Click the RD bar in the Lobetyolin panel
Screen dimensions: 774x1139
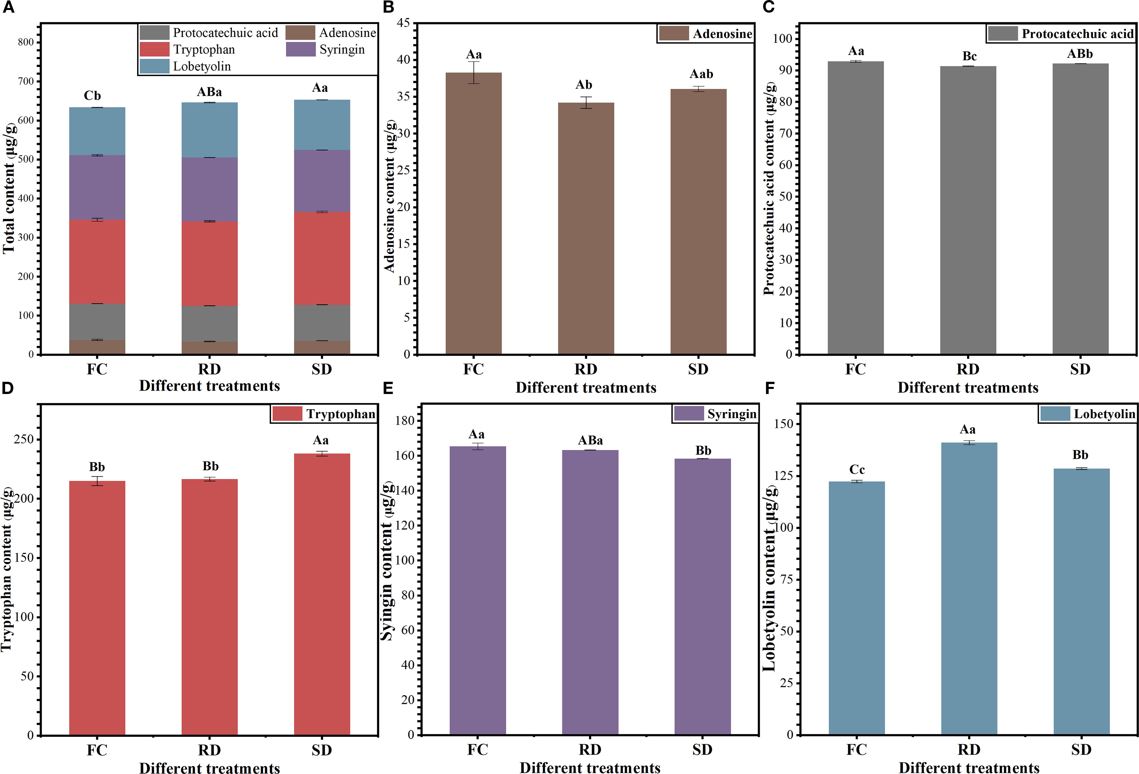tap(969, 588)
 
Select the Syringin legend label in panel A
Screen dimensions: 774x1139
tap(342, 49)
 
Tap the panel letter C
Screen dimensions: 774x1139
tap(768, 7)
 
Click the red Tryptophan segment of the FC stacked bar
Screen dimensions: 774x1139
tap(97, 262)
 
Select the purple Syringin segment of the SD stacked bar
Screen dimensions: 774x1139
tap(322, 181)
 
